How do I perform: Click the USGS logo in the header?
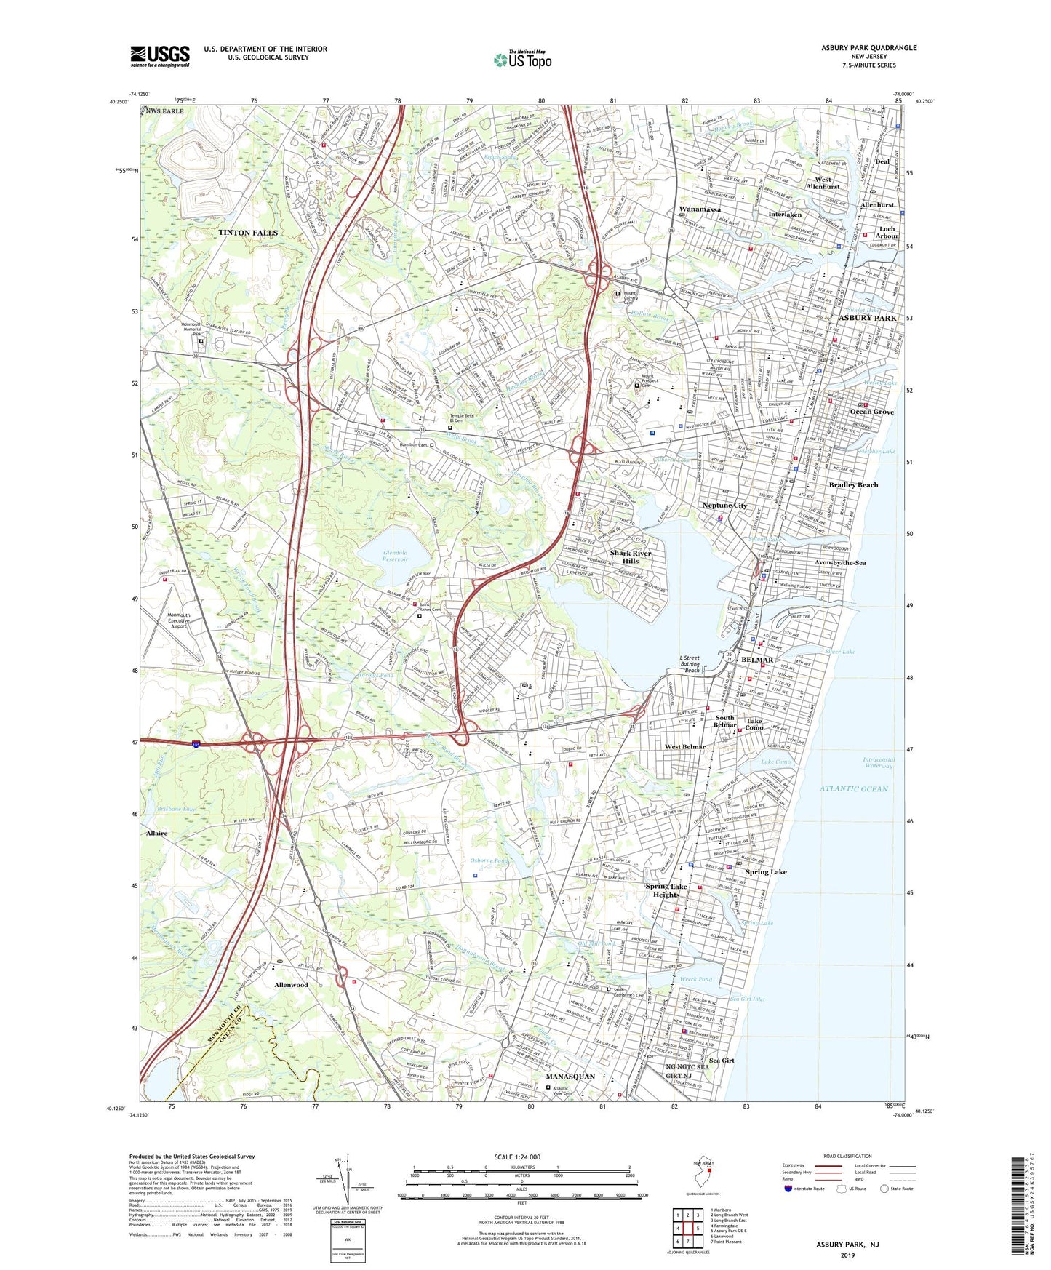click(159, 55)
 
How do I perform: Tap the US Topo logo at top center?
click(522, 60)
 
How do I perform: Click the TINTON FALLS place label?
click(248, 233)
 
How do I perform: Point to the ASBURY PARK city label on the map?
click(868, 319)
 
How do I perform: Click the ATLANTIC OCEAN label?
click(853, 788)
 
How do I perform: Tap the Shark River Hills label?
click(631, 556)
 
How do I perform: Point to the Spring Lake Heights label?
click(666, 890)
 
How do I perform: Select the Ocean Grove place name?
click(871, 412)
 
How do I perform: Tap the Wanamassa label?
click(699, 209)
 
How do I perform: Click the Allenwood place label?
click(291, 985)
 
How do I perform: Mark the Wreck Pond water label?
click(696, 979)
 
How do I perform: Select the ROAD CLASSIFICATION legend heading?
click(847, 1156)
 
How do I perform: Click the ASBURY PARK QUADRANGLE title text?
click(868, 48)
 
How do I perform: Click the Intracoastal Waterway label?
click(879, 762)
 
